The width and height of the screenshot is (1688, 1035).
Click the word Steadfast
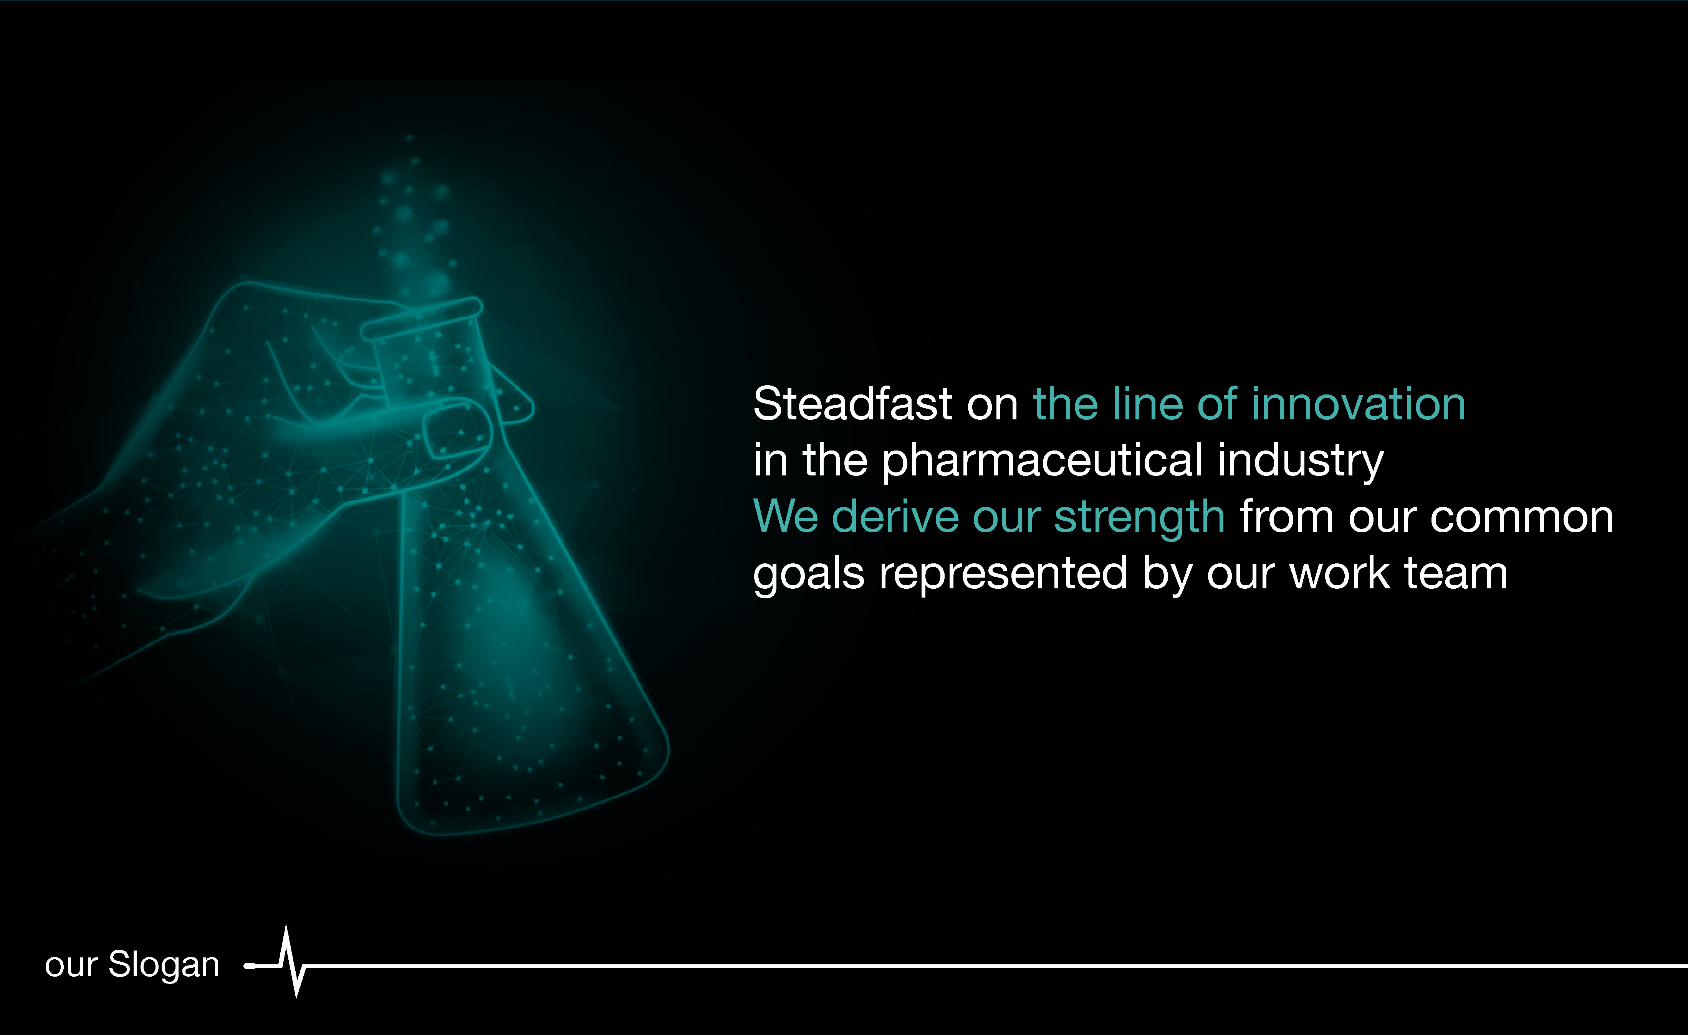[x=852, y=404]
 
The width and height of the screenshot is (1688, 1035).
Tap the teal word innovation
[x=1359, y=404]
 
